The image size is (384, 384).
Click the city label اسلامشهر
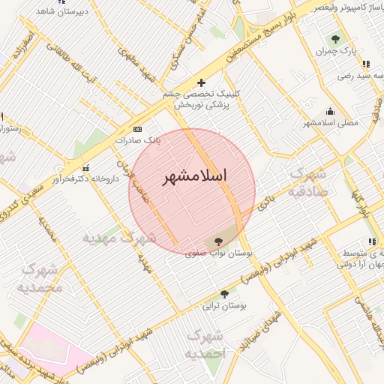(x=193, y=177)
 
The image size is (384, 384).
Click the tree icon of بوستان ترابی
(x=224, y=293)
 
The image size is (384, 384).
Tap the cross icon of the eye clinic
(x=200, y=82)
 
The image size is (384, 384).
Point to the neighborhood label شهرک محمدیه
(x=38, y=277)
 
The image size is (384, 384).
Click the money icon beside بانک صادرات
(x=136, y=129)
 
